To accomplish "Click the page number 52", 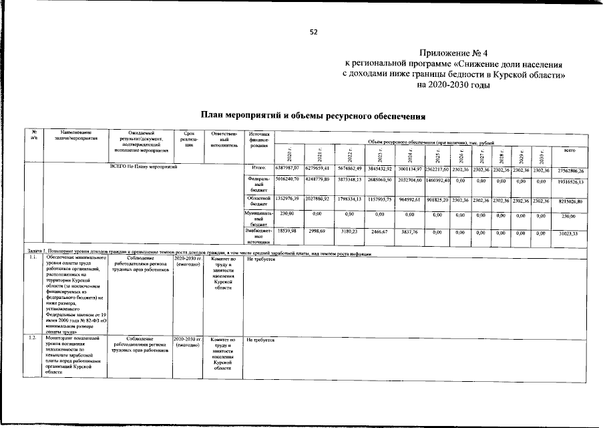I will tap(313, 32).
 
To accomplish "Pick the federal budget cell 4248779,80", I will tap(318, 182).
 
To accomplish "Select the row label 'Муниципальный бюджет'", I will tap(258, 219).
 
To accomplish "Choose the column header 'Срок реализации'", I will tap(187, 139).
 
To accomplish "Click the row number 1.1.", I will tap(32, 257).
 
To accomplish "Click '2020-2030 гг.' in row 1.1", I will tap(187, 257).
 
